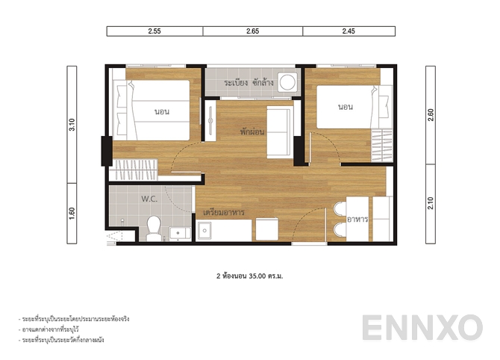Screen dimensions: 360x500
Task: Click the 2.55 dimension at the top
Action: coord(154,31)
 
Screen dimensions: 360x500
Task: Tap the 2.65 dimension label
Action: coord(253,31)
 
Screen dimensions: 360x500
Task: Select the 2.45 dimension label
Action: coord(349,31)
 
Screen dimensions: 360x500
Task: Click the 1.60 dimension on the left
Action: coord(72,214)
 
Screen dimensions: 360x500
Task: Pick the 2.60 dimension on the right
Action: coord(431,115)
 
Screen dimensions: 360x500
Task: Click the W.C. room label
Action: coord(149,199)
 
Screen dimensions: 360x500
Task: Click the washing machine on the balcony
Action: coord(287,83)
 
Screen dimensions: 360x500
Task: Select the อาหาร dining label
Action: coord(358,218)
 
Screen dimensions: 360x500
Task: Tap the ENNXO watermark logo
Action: coord(422,329)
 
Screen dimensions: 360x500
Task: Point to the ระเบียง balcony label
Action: coord(237,83)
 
